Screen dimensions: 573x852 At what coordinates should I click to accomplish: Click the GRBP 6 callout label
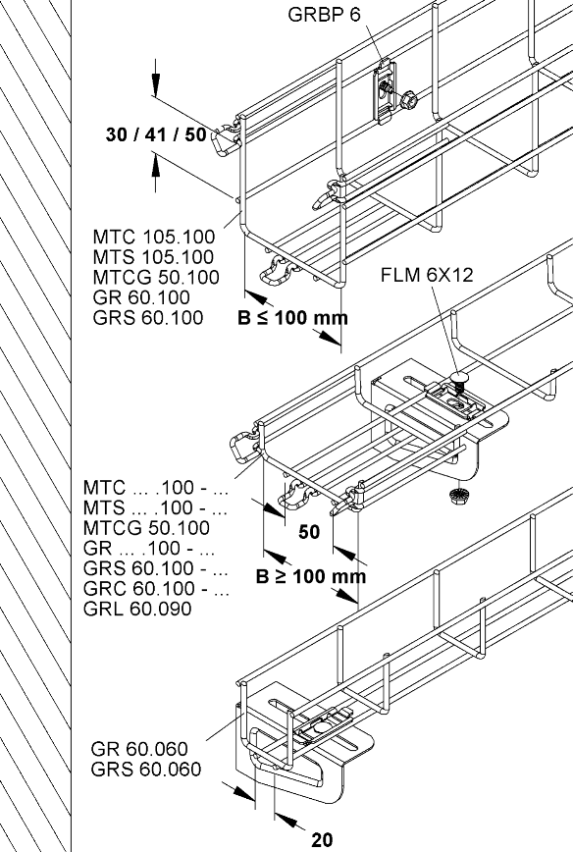tap(324, 15)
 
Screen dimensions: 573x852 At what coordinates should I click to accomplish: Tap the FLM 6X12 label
tap(427, 275)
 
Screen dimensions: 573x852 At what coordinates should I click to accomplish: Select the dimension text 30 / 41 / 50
tap(156, 134)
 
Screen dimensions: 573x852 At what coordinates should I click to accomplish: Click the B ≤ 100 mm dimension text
tap(292, 317)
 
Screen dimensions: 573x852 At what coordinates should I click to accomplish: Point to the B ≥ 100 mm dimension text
tap(311, 576)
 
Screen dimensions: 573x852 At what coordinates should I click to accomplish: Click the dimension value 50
tap(309, 532)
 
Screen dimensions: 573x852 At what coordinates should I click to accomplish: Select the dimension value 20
tap(322, 840)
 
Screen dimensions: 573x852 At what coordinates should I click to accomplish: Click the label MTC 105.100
tap(154, 237)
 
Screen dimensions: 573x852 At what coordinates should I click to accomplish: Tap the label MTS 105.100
tap(153, 257)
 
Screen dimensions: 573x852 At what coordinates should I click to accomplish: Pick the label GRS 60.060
tap(145, 769)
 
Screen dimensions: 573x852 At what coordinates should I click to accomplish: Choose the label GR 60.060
tap(139, 749)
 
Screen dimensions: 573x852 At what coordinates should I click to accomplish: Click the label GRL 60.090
tap(137, 609)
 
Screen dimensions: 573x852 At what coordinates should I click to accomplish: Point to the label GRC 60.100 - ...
tap(156, 589)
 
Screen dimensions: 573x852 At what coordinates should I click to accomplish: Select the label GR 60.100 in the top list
tap(141, 297)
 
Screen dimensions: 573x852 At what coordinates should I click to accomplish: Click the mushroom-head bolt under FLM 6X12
tap(460, 380)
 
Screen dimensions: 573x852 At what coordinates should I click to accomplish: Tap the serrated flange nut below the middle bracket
tap(459, 495)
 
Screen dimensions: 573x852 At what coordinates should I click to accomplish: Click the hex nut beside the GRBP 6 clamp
tap(408, 100)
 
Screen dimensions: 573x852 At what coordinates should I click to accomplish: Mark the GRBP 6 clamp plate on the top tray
tap(385, 92)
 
